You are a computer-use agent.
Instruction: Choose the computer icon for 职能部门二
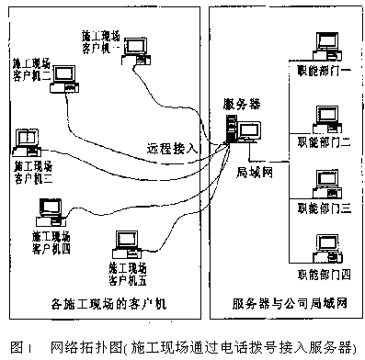325,118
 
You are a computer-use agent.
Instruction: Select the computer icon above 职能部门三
325,188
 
